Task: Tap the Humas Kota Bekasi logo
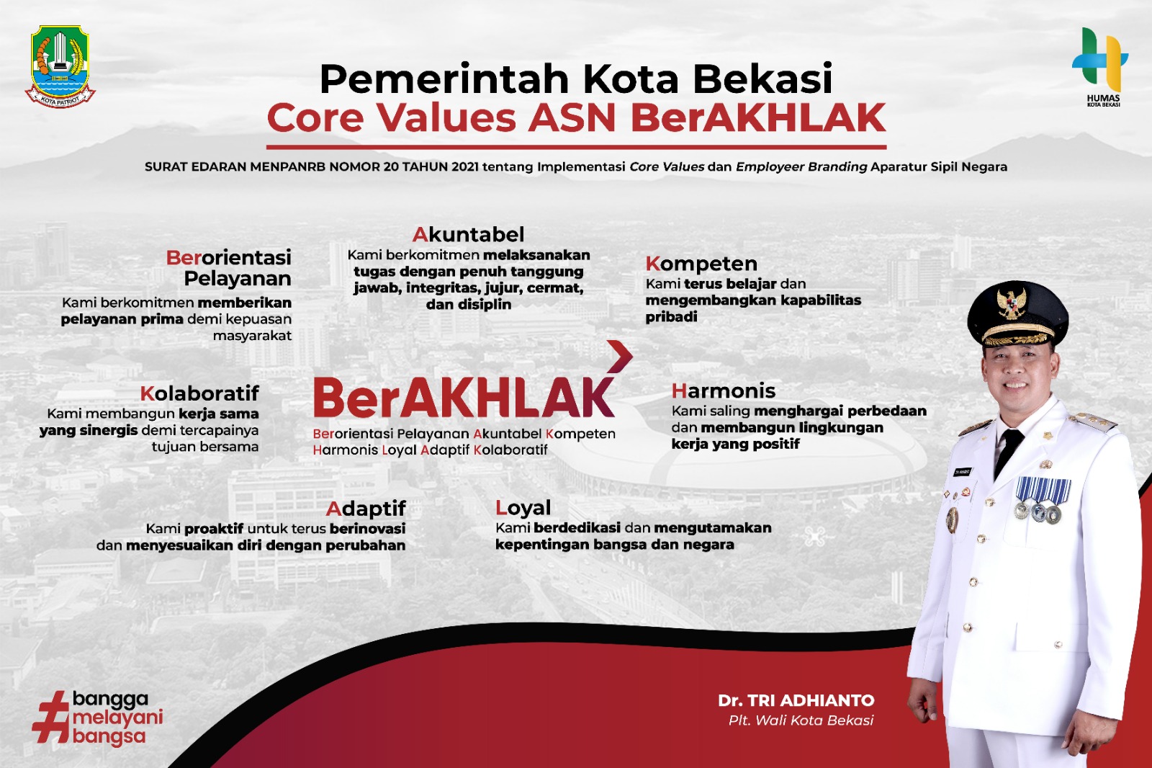click(1100, 65)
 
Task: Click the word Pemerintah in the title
click(444, 79)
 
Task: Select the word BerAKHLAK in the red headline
click(758, 118)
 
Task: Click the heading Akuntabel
click(469, 235)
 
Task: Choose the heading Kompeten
click(701, 264)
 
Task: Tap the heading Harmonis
click(724, 391)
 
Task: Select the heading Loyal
click(523, 508)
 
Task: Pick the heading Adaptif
click(366, 509)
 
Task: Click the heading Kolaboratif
click(199, 393)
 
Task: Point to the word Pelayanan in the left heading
click(238, 279)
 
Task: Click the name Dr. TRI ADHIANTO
click(796, 700)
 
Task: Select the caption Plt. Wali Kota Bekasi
click(801, 720)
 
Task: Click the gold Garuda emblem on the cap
click(1011, 303)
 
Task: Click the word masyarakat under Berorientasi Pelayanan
click(252, 336)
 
